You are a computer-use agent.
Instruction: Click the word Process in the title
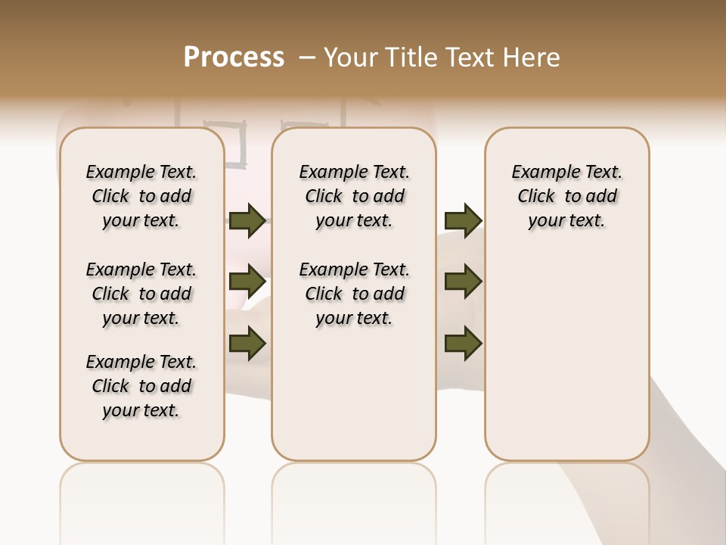(x=234, y=58)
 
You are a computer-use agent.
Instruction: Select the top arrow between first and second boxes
(x=247, y=221)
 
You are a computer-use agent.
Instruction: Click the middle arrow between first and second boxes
(x=247, y=282)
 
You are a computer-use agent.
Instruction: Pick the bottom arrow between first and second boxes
(x=247, y=343)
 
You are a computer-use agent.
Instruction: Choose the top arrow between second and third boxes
(x=463, y=221)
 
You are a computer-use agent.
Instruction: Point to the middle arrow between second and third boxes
(x=463, y=282)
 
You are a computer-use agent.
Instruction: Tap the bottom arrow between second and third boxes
(x=463, y=343)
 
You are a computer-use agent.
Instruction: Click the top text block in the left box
(x=141, y=196)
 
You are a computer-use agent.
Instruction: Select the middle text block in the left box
(x=141, y=294)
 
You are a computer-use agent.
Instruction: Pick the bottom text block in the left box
(x=141, y=386)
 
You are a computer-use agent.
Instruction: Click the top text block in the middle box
(x=354, y=196)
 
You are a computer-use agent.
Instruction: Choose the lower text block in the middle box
(x=354, y=294)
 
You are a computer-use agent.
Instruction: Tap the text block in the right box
(x=567, y=196)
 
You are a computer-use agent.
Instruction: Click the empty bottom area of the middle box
(x=354, y=401)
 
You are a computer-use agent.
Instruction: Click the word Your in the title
(x=347, y=58)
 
